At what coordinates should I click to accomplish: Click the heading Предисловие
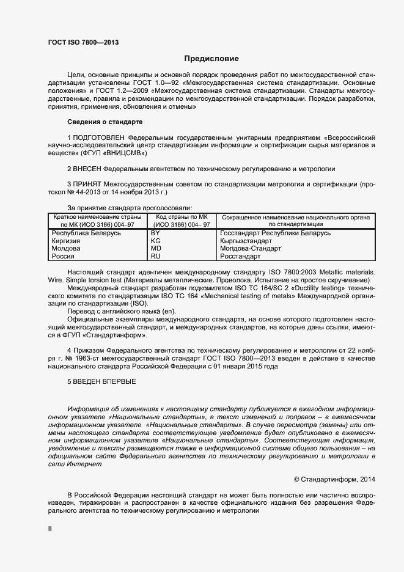[x=211, y=59]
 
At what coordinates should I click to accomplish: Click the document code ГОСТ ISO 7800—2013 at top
[x=83, y=42]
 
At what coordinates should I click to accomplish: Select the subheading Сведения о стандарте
[x=105, y=122]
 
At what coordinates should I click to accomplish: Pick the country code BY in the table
[x=155, y=233]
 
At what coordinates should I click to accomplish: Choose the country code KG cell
[x=156, y=241]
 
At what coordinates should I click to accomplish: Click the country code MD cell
[x=156, y=249]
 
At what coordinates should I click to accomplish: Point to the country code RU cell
[x=156, y=257]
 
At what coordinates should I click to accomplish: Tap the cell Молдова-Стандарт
[x=251, y=249]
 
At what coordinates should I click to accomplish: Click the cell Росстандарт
[x=240, y=257]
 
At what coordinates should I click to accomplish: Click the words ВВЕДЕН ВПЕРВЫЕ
[x=105, y=381]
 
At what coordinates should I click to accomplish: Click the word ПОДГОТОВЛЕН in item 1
[x=100, y=138]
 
